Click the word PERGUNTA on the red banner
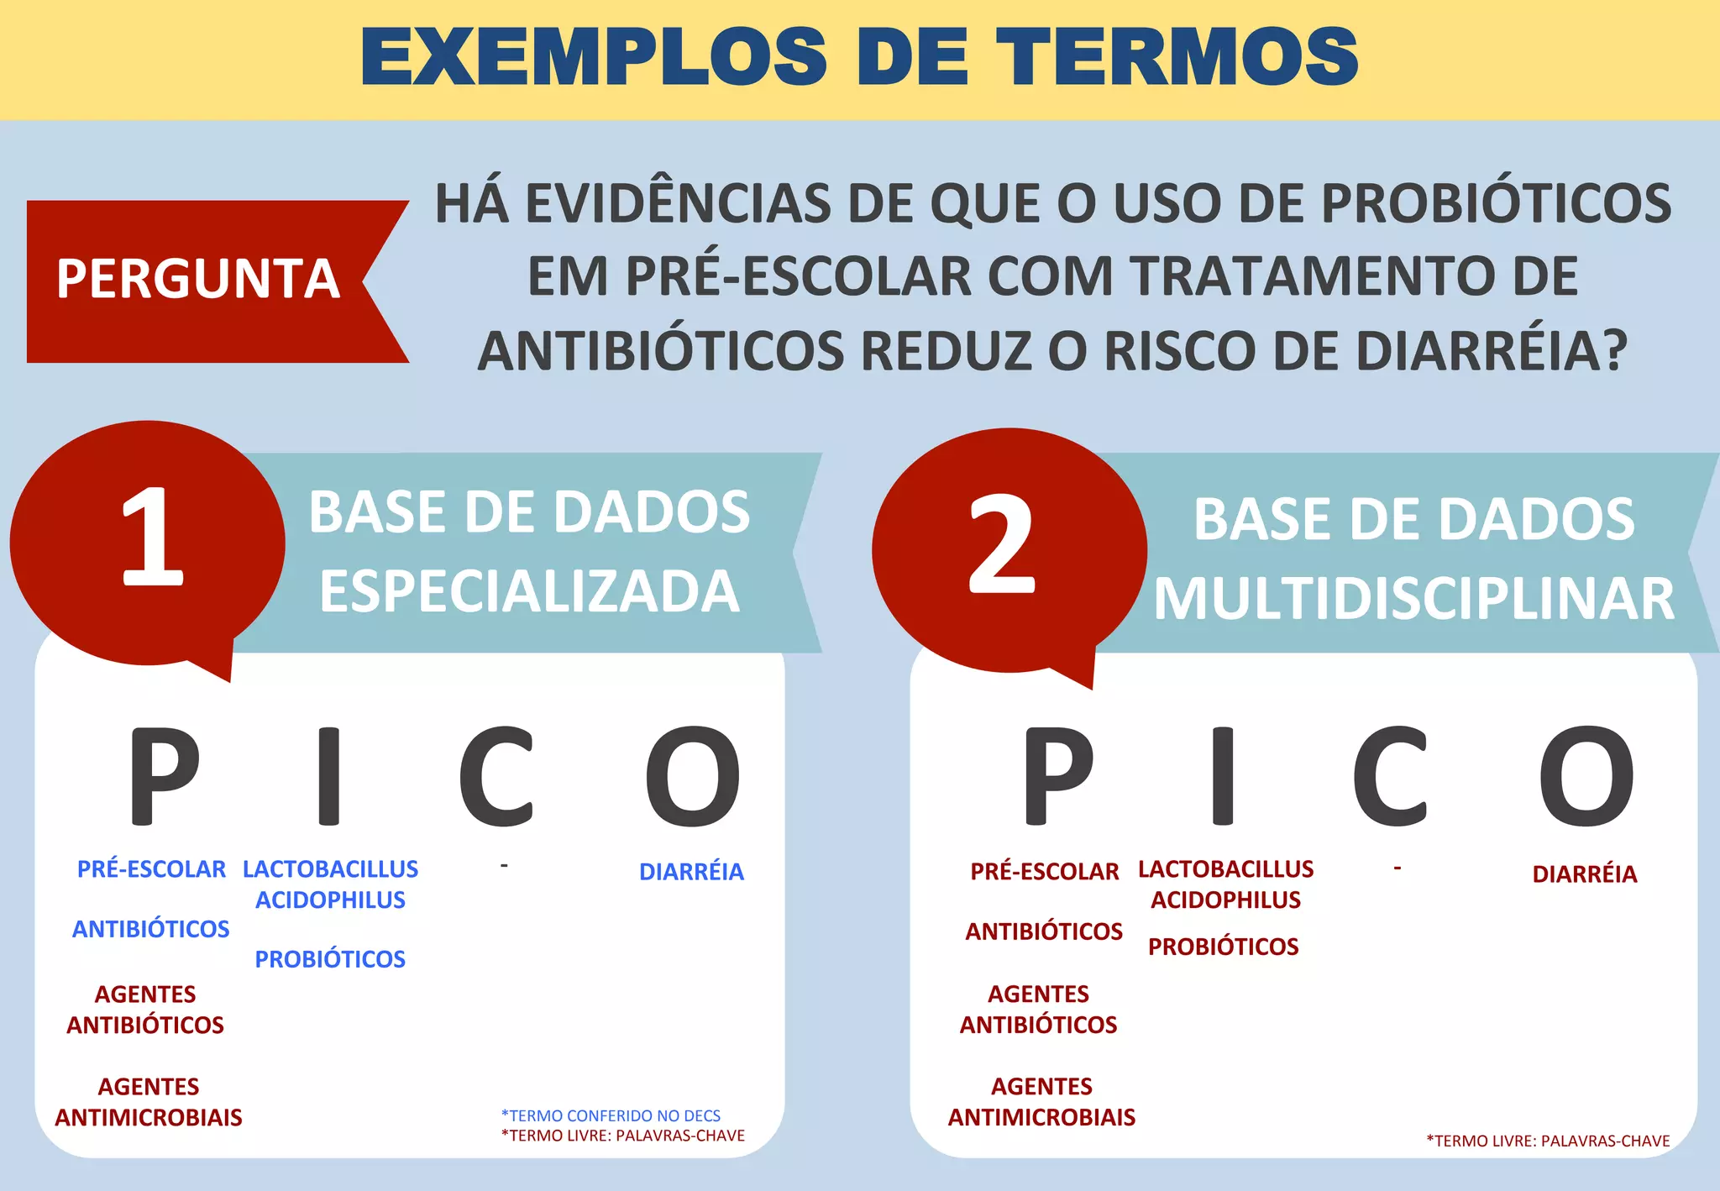point(198,279)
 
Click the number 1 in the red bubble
point(152,538)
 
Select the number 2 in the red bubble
point(1002,544)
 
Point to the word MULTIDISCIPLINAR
point(1414,600)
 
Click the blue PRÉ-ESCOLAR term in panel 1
point(151,869)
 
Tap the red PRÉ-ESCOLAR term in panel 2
point(1044,872)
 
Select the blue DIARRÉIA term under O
point(691,873)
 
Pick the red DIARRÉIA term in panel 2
point(1584,874)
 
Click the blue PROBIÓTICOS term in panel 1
point(330,959)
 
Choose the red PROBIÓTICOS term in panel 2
point(1223,947)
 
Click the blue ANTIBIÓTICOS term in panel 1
point(151,929)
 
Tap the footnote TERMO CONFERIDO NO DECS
point(611,1115)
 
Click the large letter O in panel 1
point(693,776)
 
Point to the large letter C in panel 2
point(1390,776)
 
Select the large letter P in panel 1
point(164,776)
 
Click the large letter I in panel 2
point(1224,776)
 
